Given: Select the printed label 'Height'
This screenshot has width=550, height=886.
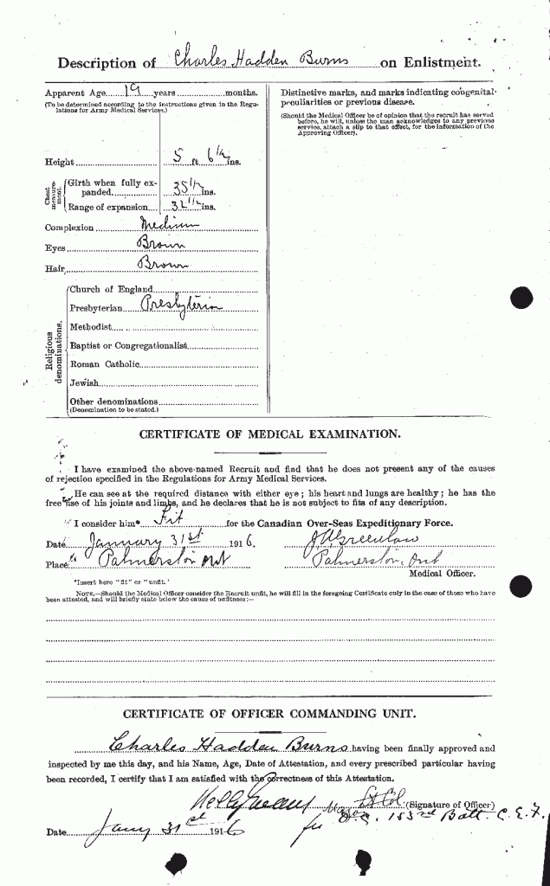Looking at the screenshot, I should [59, 162].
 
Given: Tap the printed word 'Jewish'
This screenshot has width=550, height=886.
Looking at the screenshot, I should [85, 382].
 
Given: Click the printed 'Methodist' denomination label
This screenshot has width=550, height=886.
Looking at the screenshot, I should [91, 326].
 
